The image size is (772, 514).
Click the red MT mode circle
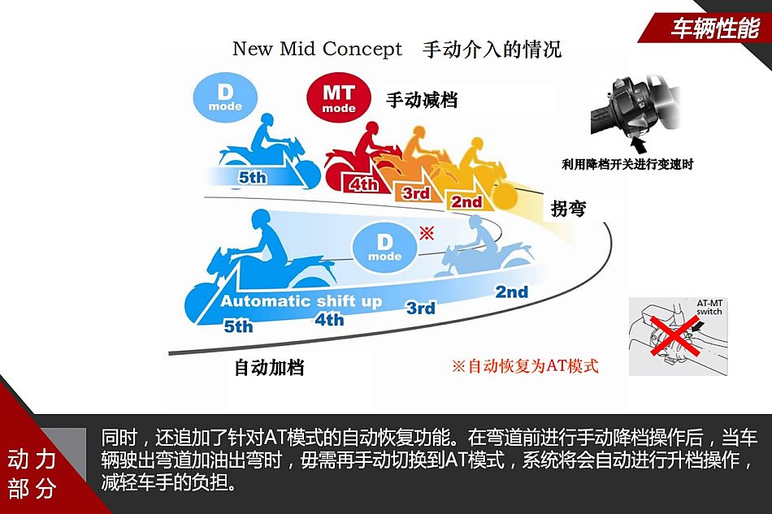click(338, 97)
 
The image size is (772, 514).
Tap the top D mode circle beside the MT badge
click(225, 97)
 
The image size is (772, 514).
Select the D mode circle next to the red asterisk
click(384, 248)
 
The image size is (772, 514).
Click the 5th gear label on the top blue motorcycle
click(253, 177)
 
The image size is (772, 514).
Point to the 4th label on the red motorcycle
click(363, 184)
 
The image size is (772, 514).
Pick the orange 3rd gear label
click(416, 192)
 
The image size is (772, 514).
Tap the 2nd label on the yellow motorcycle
click(466, 201)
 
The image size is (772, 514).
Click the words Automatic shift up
click(301, 301)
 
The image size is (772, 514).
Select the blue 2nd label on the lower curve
click(511, 292)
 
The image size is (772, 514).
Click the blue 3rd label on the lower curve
click(421, 308)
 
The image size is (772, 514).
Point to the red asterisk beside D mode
click(427, 233)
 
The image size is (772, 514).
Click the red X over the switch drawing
click(674, 335)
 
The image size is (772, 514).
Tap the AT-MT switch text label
click(709, 308)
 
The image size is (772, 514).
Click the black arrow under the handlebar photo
click(639, 145)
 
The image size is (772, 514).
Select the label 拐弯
click(568, 209)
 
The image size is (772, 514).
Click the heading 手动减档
click(422, 100)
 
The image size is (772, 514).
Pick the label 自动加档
click(269, 367)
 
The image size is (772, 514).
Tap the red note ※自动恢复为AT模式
click(525, 366)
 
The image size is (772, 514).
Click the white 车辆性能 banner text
click(715, 28)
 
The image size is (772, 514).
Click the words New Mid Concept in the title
click(317, 49)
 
